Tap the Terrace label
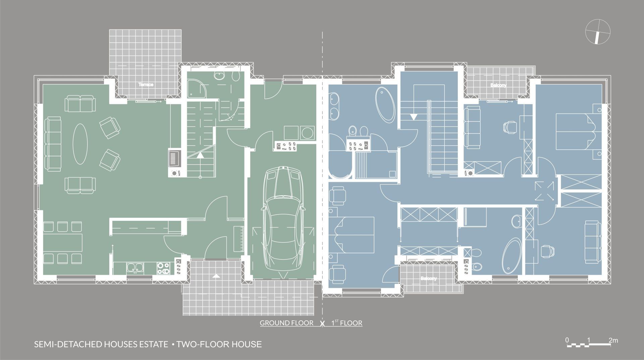146,85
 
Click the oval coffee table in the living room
80,144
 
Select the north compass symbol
597,32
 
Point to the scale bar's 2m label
613,341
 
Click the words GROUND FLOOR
286,323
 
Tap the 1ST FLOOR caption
347,323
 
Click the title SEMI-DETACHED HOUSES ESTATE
101,344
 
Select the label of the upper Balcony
498,86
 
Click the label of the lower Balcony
429,279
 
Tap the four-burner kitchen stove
164,268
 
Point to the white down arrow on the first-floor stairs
414,116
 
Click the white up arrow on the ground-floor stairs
200,155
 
